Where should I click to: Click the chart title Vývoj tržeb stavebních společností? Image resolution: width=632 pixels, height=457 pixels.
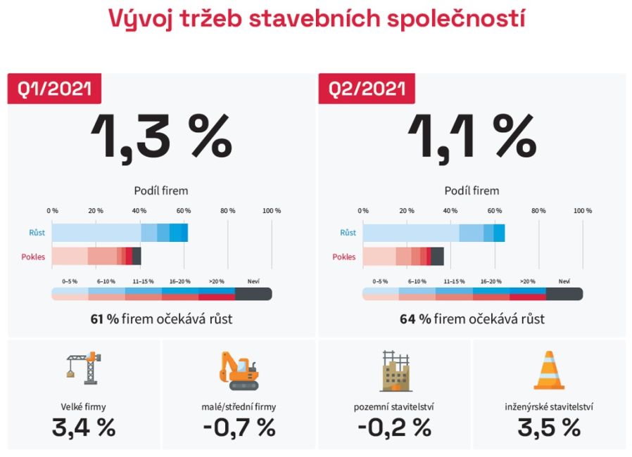[316, 18]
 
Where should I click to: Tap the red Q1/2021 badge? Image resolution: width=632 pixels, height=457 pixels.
[54, 89]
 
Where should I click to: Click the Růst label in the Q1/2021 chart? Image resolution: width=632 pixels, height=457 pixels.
[37, 233]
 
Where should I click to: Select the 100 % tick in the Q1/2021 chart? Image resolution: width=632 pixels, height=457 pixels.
[271, 210]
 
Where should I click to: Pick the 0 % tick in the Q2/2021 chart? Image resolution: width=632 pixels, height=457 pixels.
[363, 210]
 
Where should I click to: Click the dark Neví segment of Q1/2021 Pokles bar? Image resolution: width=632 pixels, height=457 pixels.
[137, 256]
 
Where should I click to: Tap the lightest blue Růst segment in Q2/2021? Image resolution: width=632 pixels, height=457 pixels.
[411, 233]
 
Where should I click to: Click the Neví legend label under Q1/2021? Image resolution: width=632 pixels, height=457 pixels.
[253, 281]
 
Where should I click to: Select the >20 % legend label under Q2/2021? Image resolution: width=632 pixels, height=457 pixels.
[527, 281]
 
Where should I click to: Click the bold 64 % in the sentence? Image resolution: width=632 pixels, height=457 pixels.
[415, 319]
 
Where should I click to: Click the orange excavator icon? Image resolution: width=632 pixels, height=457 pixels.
[238, 371]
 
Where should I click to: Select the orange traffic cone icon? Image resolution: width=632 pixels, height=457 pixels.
[549, 370]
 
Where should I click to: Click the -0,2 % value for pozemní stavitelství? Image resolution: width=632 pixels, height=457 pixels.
[393, 427]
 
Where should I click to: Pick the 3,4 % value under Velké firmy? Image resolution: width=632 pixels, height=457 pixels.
[84, 427]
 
